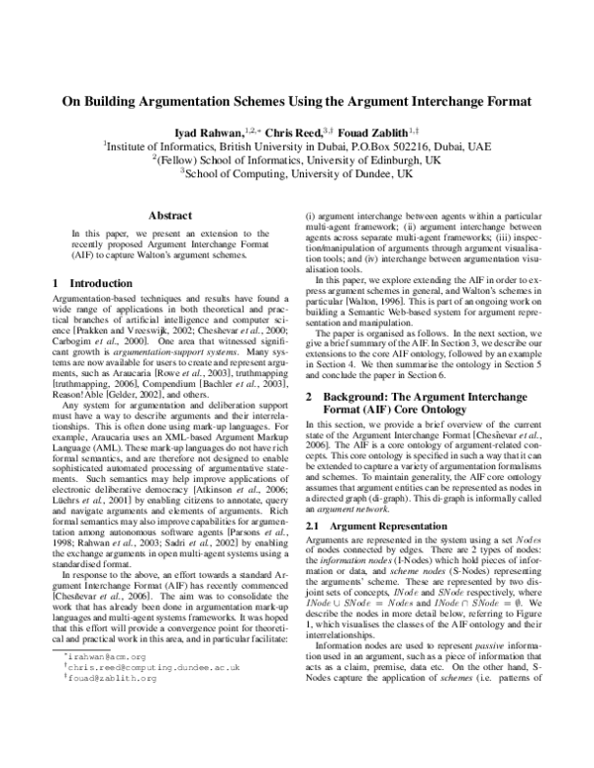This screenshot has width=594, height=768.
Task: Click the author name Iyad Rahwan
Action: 209,131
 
